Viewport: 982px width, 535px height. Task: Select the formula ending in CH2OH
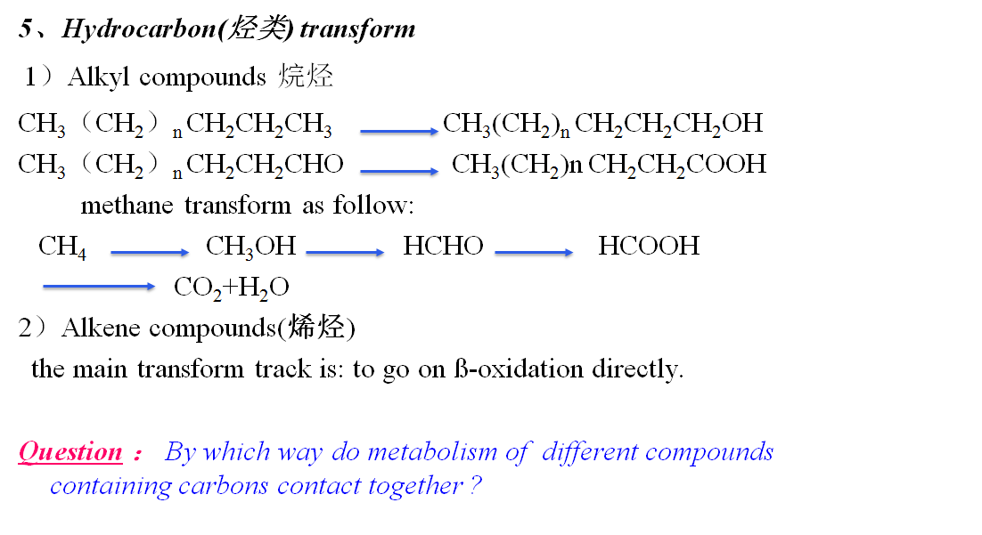point(603,124)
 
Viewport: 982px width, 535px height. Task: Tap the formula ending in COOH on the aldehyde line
point(609,164)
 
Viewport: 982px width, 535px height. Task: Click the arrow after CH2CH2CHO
point(399,170)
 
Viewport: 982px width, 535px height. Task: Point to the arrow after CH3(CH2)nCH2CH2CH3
point(399,131)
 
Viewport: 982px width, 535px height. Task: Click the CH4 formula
point(62,247)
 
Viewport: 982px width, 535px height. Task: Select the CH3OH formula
point(250,247)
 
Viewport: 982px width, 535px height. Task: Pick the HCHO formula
point(443,246)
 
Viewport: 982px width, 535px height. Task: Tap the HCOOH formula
point(649,246)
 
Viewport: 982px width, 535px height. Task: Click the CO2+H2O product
point(231,287)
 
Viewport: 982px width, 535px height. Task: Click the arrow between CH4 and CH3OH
point(150,253)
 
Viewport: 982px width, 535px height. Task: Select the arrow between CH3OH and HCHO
point(345,253)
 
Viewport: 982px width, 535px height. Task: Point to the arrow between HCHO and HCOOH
point(534,253)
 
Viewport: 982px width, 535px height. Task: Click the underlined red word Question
point(70,452)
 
